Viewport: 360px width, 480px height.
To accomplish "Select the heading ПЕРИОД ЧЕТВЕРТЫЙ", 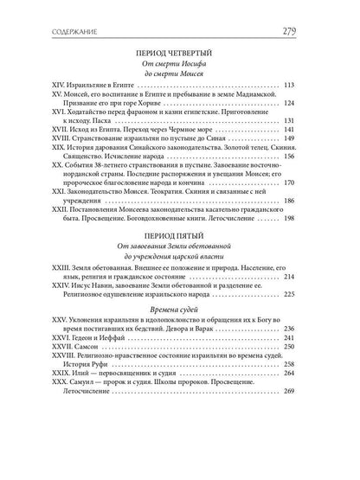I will [180, 50].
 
